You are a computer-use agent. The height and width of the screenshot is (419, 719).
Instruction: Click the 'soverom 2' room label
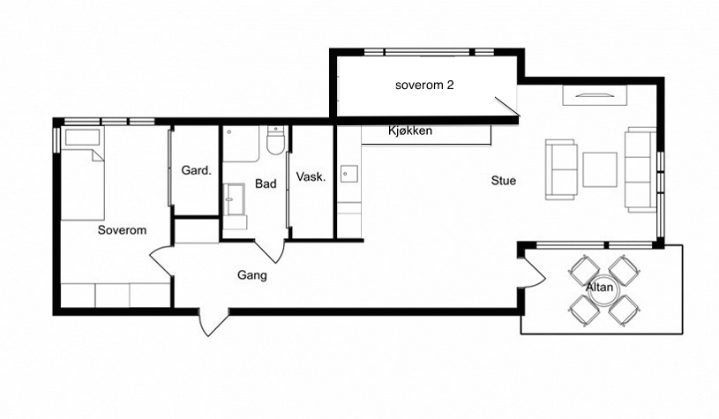pos(424,85)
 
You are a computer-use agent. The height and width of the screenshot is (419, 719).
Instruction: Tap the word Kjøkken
pos(410,131)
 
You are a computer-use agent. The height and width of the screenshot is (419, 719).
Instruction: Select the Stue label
pos(504,181)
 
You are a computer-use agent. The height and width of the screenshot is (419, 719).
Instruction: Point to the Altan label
pos(599,287)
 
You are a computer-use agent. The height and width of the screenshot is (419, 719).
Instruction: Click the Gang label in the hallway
pos(251,275)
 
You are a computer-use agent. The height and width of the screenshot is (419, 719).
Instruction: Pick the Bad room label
pos(266,183)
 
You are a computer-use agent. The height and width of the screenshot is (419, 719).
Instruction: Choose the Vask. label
pos(311,177)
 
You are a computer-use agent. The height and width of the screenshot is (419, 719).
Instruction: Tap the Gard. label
pos(196,170)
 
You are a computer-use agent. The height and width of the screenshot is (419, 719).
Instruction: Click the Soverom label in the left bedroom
pos(122,230)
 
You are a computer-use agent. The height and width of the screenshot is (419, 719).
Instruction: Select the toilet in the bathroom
pos(276,140)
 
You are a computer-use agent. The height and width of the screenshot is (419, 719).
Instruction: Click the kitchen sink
pos(349,174)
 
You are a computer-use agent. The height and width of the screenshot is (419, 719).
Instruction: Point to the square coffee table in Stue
pos(600,170)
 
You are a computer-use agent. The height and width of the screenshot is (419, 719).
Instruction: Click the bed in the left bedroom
pos(83,173)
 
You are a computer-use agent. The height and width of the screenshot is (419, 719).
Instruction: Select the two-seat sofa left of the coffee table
pos(561,169)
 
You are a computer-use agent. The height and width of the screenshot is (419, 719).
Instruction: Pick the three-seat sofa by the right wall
pos(640,169)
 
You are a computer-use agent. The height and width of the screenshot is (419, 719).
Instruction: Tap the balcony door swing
pos(532,273)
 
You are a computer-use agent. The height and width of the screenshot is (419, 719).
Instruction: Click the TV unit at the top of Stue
pos(595,96)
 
